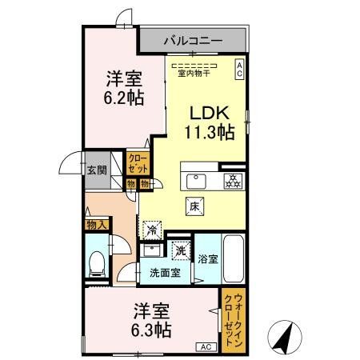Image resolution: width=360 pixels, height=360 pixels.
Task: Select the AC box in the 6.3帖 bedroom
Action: (x=205, y=346)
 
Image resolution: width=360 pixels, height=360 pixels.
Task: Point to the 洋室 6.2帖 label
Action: (x=125, y=89)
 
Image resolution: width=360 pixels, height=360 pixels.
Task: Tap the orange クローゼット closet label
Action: (x=138, y=164)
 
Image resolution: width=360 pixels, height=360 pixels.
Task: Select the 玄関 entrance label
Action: (x=96, y=170)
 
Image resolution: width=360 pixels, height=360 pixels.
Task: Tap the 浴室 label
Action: (x=207, y=259)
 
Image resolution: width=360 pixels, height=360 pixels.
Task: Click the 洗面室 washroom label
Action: (x=165, y=273)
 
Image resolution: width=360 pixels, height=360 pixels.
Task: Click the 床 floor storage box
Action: (x=194, y=206)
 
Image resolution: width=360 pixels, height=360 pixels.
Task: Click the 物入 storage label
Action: (x=95, y=226)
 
